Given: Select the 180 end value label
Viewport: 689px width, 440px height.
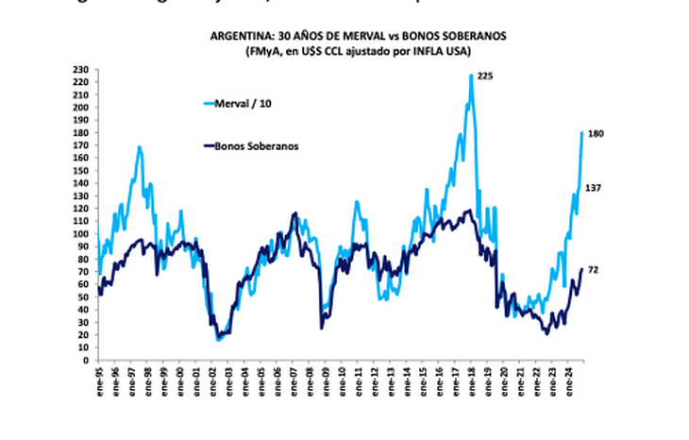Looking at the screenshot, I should (596, 134).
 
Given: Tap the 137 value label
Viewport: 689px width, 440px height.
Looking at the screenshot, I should (595, 188).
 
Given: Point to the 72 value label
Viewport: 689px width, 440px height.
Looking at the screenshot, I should (593, 270).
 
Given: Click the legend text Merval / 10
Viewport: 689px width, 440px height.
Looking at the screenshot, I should (243, 103).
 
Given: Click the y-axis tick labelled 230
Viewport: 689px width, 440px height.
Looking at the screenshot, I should (82, 70).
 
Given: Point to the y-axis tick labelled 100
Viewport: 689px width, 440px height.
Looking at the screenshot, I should (82, 233).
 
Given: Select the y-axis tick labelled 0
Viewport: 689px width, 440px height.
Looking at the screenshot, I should (86, 359).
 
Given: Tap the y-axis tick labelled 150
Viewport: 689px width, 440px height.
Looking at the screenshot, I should (82, 170).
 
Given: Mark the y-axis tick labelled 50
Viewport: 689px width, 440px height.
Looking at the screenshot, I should (84, 296).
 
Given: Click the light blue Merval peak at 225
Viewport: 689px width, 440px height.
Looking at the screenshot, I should (471, 76).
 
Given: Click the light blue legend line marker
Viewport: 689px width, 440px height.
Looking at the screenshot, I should (208, 103).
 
